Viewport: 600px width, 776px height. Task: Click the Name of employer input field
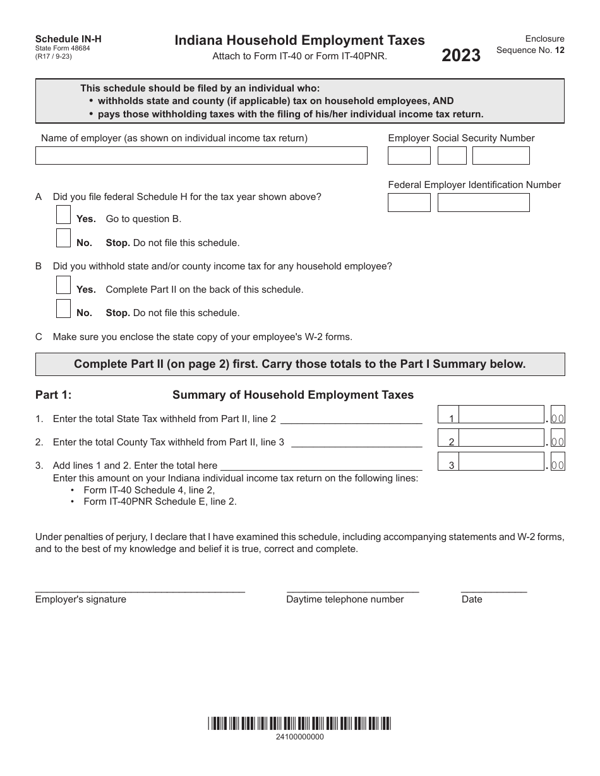tap(201, 156)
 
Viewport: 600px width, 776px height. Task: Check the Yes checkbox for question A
tap(63, 215)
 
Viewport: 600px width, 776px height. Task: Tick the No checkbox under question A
tap(63, 238)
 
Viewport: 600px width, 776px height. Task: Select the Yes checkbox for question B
tap(63, 285)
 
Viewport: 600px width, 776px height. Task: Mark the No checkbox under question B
tap(63, 309)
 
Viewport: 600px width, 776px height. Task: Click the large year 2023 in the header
tap(461, 56)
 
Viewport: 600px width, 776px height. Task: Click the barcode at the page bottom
tap(299, 723)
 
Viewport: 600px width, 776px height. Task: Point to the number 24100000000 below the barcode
tap(299, 737)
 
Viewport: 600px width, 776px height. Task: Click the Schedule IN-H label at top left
tap(68, 39)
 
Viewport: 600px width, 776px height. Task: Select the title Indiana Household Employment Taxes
tap(299, 41)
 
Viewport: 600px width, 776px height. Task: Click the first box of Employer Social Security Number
tap(409, 156)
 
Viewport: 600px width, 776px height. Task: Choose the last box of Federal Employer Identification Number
tap(483, 203)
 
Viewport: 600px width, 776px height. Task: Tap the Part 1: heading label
tap(54, 395)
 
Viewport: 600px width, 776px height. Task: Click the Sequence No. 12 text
tap(530, 50)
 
